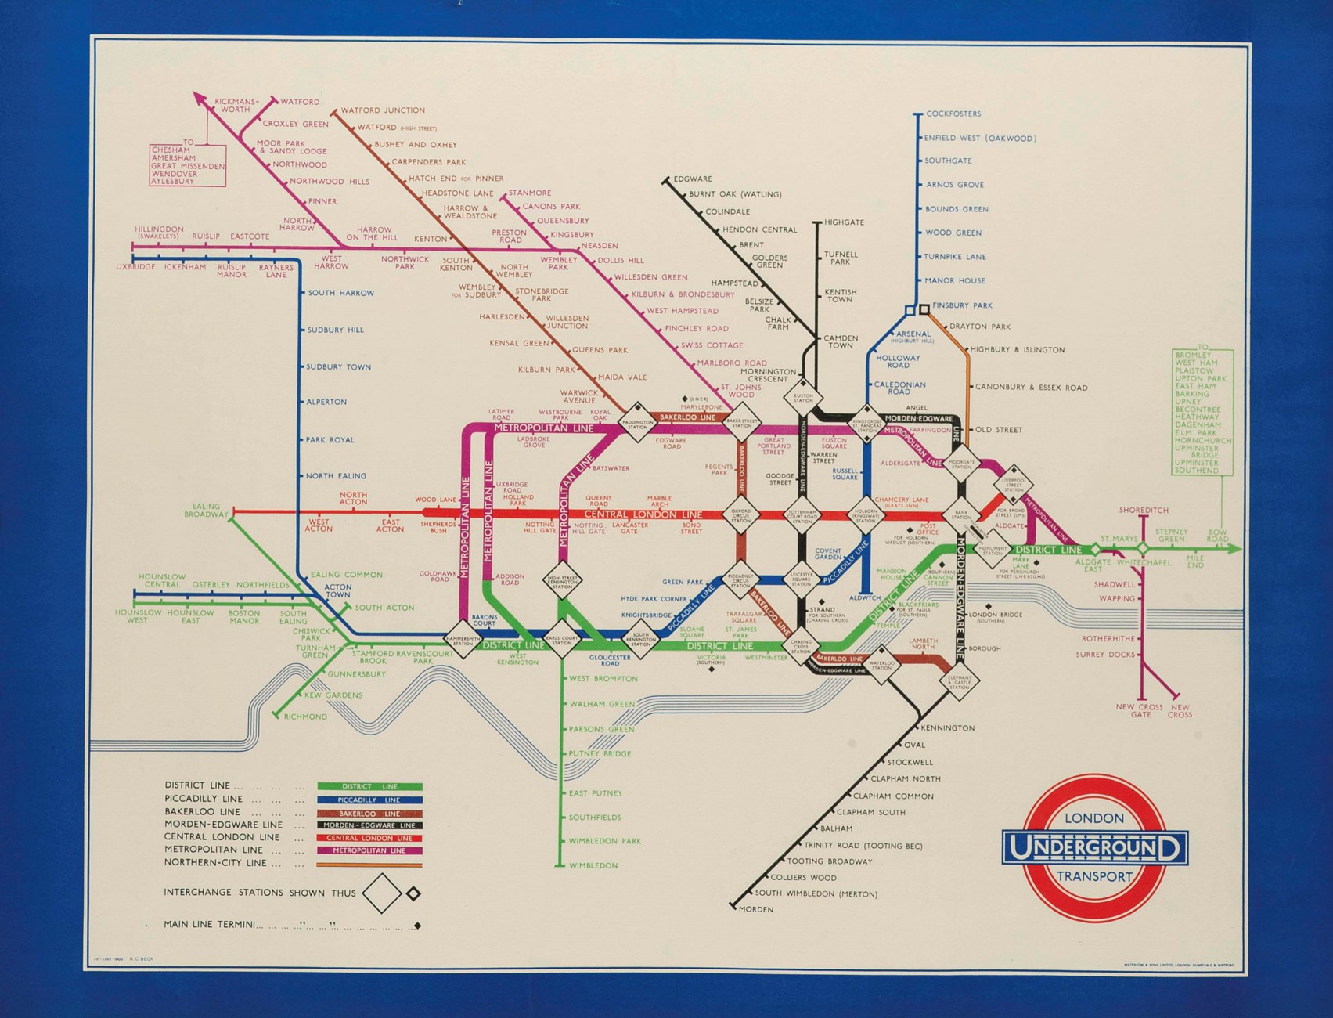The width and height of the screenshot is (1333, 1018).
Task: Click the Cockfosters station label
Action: [x=953, y=114]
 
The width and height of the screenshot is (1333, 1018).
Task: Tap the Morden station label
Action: [x=756, y=909]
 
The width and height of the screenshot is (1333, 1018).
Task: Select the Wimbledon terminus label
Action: [x=593, y=865]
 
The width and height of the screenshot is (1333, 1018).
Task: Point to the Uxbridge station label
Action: [x=135, y=267]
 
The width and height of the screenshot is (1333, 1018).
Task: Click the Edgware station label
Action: [x=693, y=179]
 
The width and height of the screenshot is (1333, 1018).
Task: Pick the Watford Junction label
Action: [x=383, y=110]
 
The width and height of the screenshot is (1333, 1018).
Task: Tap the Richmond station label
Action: [x=305, y=717]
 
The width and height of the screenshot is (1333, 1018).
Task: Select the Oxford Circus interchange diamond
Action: [x=740, y=515]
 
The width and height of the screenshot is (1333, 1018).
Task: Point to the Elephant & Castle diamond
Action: [x=960, y=680]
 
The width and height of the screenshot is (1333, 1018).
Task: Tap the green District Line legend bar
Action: [x=369, y=786]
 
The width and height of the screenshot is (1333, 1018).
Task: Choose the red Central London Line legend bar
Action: [x=369, y=838]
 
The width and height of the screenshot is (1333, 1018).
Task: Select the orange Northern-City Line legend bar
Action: [x=369, y=865]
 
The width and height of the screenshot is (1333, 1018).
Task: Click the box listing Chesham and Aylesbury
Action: [x=188, y=165]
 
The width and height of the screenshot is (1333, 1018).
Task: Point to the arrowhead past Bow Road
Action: [x=1235, y=550]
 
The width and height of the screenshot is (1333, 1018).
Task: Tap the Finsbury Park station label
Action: [x=961, y=305]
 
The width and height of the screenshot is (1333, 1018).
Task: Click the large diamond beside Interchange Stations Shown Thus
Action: [x=382, y=893]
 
